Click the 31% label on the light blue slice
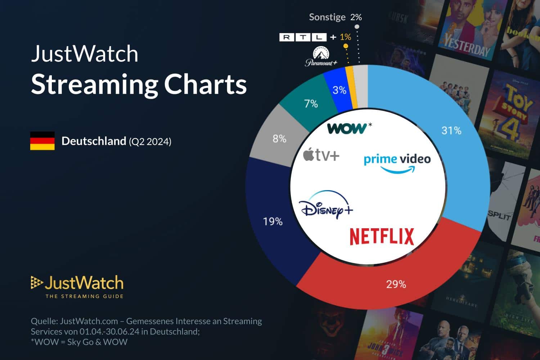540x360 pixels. [451, 130]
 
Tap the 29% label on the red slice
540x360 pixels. [396, 284]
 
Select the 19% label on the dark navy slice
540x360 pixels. [273, 221]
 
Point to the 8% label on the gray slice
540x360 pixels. [279, 139]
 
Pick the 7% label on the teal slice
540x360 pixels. [311, 104]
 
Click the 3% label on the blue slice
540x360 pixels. [339, 90]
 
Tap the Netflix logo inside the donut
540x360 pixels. [382, 237]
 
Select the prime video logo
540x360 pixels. [397, 163]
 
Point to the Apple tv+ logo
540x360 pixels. [321, 155]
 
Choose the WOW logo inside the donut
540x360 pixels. [347, 128]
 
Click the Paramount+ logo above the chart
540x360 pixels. [321, 57]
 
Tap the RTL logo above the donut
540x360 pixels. [303, 37]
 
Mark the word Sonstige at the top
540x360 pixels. [327, 17]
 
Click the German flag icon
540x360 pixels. [42, 141]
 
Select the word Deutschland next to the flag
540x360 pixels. [94, 141]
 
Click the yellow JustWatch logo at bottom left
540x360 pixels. [77, 287]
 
